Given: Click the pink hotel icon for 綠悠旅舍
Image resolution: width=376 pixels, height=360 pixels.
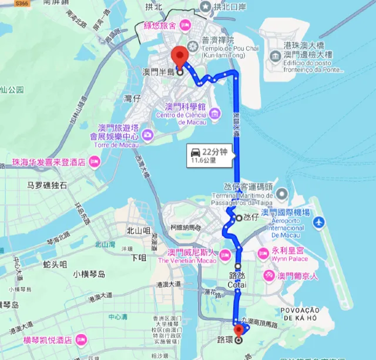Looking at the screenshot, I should point(184,25).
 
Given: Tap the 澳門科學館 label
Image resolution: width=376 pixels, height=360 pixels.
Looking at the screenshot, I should point(184,107).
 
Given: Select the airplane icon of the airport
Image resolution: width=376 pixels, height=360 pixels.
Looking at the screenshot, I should point(319,223).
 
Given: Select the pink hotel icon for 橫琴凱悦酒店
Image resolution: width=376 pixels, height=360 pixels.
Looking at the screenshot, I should point(80,339).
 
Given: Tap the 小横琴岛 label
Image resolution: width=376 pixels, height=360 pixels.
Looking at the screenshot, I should point(89,274).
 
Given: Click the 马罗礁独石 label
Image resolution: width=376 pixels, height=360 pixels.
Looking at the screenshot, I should point(47,186).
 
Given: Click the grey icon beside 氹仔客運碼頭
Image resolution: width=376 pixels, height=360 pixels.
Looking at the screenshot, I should point(281,193).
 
